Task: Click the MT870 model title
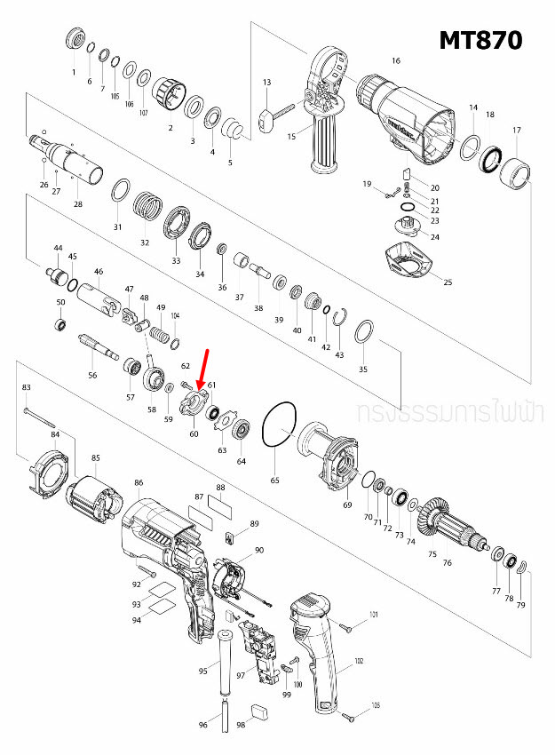tap(480, 40)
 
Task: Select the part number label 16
tap(396, 60)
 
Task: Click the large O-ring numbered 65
tap(281, 429)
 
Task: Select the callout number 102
tap(359, 661)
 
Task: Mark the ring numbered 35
tap(362, 335)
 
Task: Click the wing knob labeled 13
tap(266, 119)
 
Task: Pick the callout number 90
tap(259, 551)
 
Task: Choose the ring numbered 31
tap(121, 193)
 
